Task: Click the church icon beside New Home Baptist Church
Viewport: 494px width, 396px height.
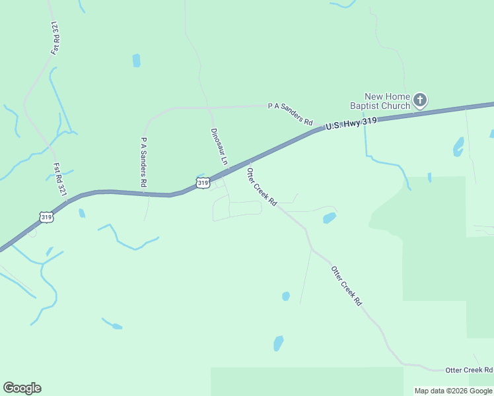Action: click(420, 101)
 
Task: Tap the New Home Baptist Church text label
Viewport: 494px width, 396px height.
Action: click(380, 101)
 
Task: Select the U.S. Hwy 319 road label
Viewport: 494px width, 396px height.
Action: click(346, 125)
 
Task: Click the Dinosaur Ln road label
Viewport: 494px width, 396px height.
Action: click(219, 147)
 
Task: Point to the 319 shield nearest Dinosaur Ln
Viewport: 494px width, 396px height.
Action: click(203, 182)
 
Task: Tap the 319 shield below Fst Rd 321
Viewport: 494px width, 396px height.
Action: click(46, 216)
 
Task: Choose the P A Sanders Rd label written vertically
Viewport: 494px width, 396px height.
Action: click(143, 161)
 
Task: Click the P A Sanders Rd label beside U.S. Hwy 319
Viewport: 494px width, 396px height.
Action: click(290, 113)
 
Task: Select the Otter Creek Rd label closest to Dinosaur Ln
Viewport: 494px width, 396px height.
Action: click(260, 186)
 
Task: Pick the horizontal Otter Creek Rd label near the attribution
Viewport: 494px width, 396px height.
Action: click(469, 370)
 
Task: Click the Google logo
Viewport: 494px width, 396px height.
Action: click(22, 388)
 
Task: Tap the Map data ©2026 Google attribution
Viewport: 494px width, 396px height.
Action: click(454, 391)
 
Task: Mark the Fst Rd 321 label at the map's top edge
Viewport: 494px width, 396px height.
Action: click(55, 37)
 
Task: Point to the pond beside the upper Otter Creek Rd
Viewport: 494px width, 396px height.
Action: click(329, 218)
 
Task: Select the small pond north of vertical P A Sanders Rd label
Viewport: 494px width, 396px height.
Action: click(136, 61)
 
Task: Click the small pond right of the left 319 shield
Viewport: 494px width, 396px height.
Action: click(81, 213)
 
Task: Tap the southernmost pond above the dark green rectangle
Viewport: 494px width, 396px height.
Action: click(278, 343)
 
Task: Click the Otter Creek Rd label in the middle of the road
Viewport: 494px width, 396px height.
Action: click(347, 285)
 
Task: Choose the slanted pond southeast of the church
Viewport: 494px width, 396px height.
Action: click(458, 147)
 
